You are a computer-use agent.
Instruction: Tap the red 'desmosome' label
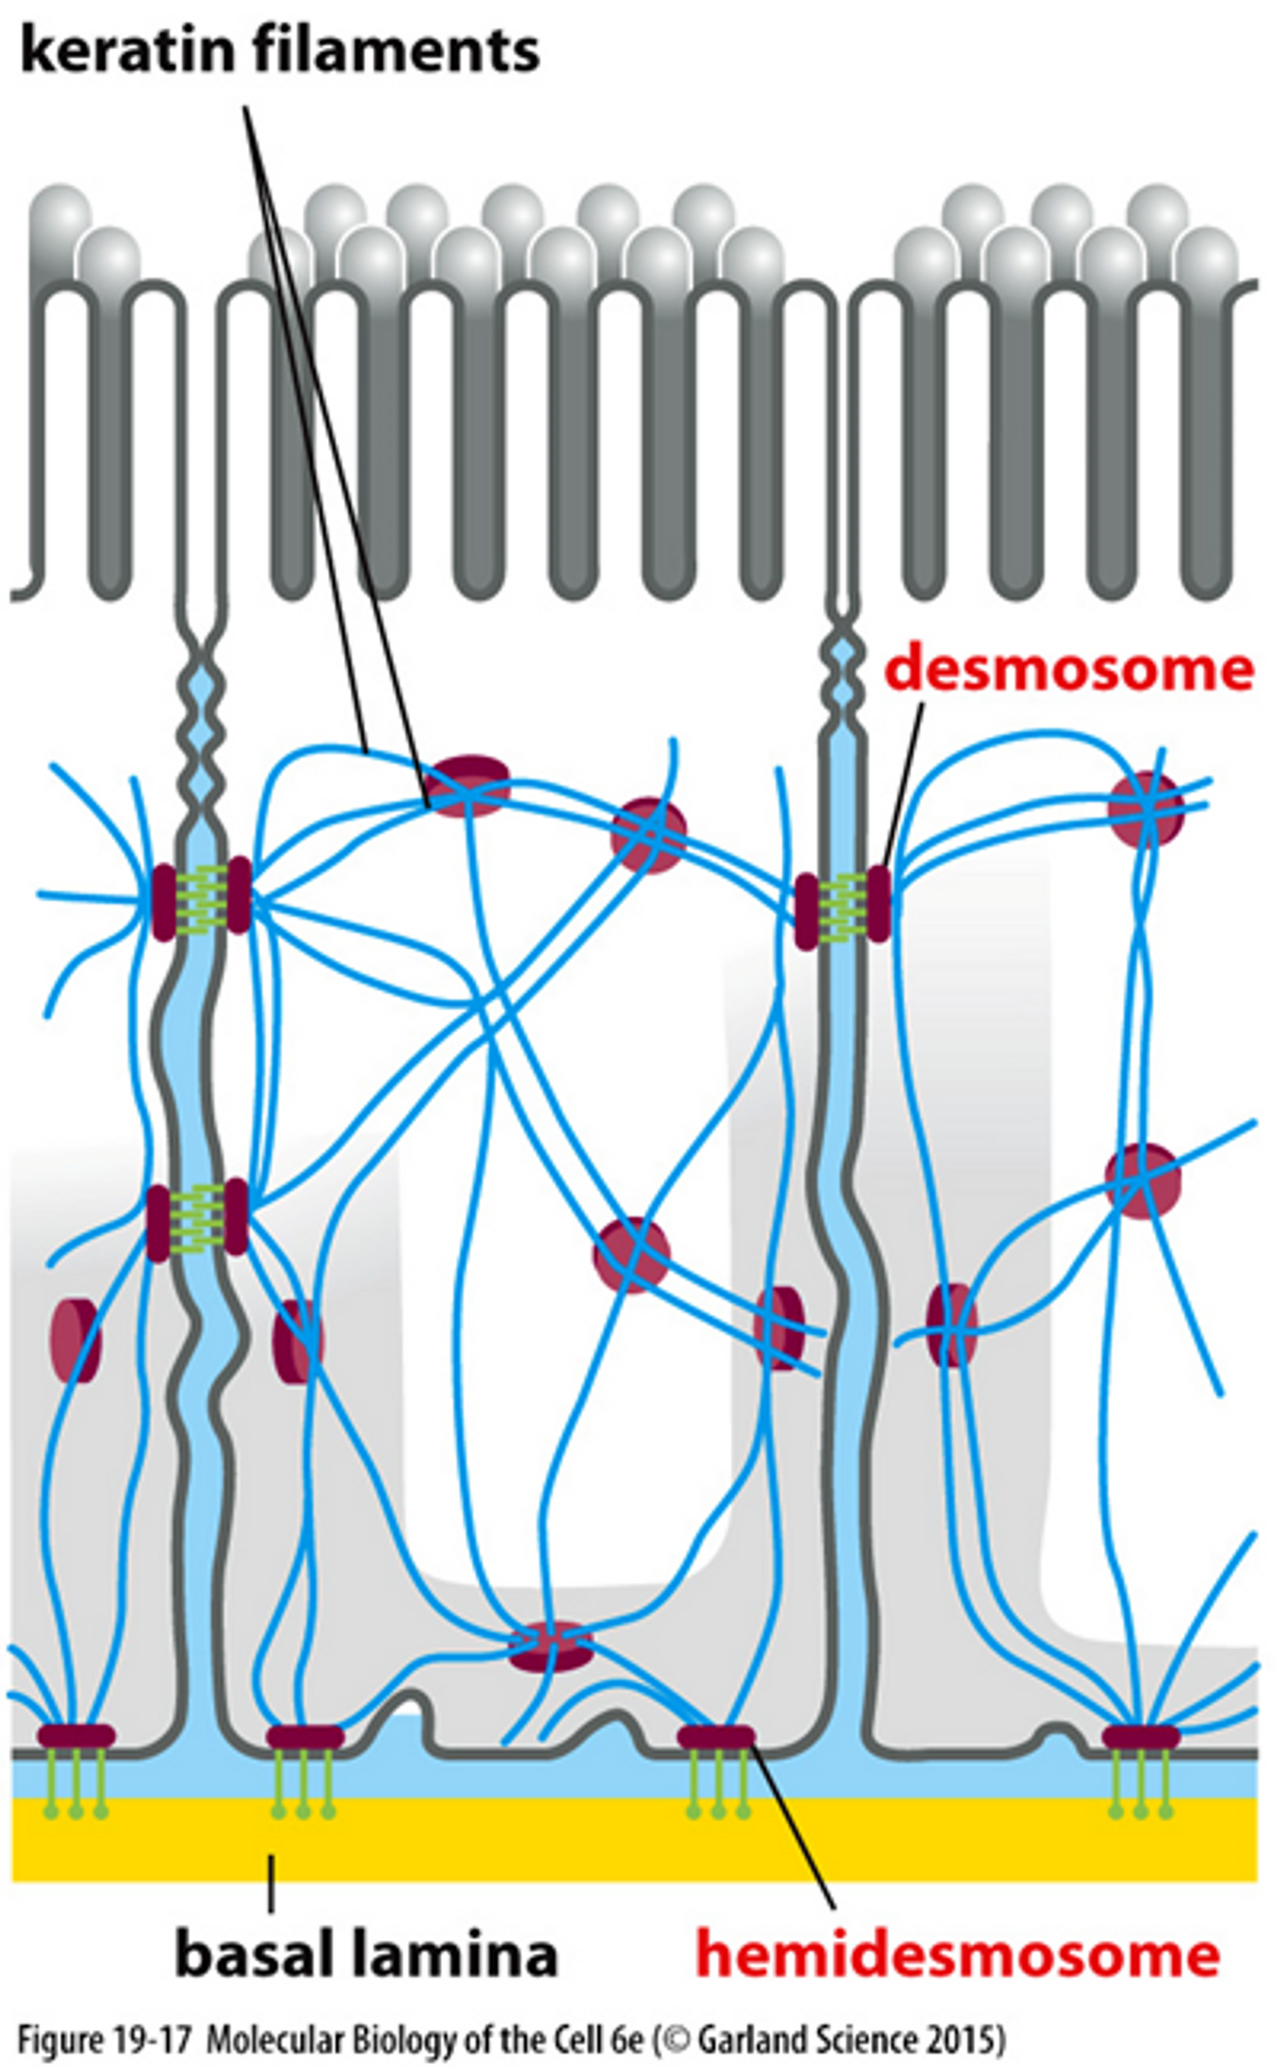coord(1068,669)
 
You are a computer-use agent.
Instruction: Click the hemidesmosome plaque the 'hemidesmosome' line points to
coord(715,1738)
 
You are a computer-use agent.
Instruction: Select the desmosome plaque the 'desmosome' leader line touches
coord(878,903)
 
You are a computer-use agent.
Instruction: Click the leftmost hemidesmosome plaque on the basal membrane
coord(76,1738)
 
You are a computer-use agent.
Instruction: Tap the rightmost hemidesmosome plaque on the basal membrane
coord(1140,1738)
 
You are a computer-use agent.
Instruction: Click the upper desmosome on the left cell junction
coord(201,898)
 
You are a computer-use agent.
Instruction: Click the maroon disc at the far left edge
coord(76,1340)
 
